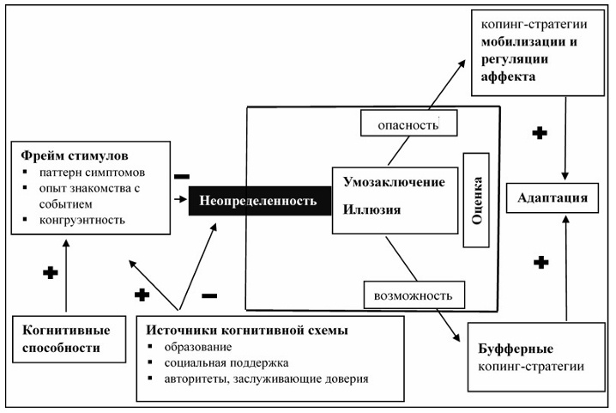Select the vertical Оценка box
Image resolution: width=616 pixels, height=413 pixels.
pyautogui.click(x=476, y=200)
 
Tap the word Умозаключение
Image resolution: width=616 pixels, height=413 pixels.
pyautogui.click(x=394, y=182)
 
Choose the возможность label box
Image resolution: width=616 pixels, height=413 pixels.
pyautogui.click(x=414, y=295)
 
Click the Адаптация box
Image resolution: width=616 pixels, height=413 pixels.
pyautogui.click(x=553, y=198)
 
